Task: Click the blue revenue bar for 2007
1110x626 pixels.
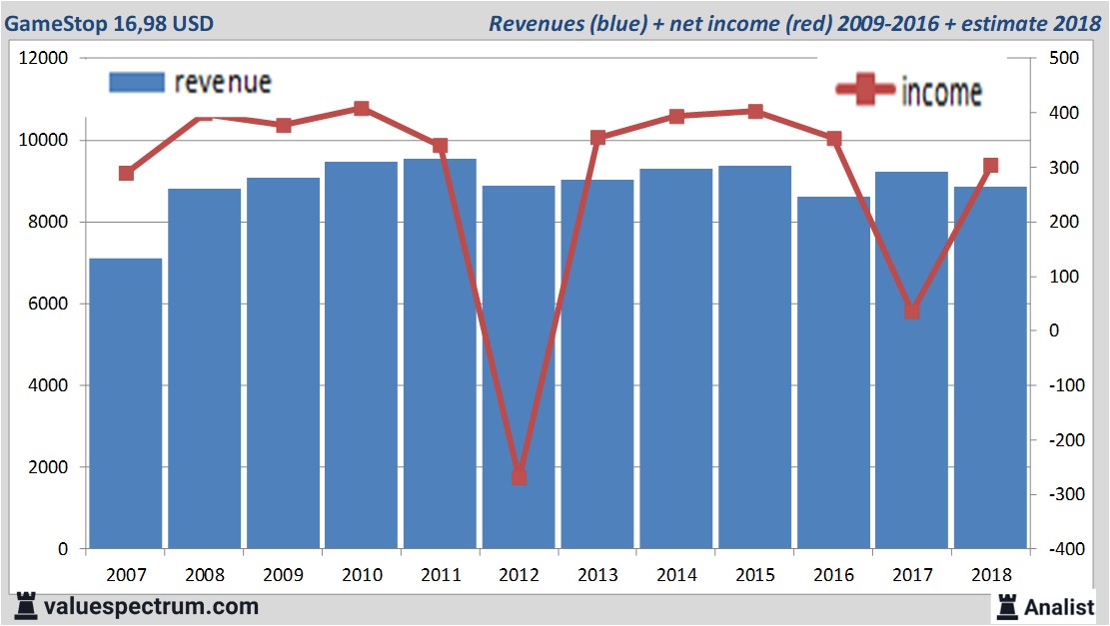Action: click(126, 403)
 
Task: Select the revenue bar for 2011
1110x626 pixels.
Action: click(440, 353)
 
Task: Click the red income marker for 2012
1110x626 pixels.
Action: click(519, 477)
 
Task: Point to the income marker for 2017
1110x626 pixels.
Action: click(911, 312)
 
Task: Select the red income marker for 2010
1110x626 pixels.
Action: click(362, 109)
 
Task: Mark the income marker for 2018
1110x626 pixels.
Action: click(990, 166)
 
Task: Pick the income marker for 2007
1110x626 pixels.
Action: click(126, 174)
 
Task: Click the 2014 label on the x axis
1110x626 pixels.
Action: click(676, 575)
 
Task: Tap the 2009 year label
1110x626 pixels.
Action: click(284, 575)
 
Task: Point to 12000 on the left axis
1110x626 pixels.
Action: click(43, 58)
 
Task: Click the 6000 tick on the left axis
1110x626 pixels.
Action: click(47, 304)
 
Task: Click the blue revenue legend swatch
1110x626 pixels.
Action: click(136, 82)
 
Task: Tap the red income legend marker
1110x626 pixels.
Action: click(864, 90)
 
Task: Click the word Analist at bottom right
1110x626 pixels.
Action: click(1059, 606)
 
